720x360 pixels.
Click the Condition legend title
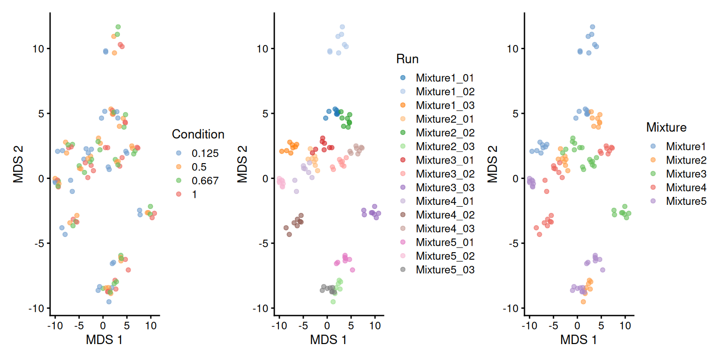click(198, 135)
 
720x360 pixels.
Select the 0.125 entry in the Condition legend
click(202, 153)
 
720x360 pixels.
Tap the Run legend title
click(407, 59)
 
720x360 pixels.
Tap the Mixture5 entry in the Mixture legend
click(686, 201)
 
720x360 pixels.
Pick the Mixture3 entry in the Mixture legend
click(686, 173)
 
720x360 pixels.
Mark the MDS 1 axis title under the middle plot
click(328, 341)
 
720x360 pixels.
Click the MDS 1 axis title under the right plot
click(578, 341)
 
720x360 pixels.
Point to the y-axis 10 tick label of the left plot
click(40, 49)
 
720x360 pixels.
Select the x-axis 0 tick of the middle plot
click(327, 325)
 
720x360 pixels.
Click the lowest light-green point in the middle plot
click(333, 302)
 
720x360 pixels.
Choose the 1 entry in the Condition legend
click(194, 195)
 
